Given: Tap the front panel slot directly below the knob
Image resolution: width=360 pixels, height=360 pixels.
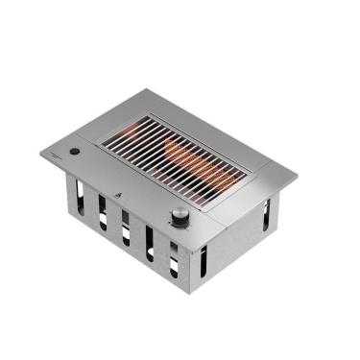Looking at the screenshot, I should click(x=176, y=257).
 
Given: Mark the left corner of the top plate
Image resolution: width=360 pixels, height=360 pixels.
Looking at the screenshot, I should click(x=41, y=152).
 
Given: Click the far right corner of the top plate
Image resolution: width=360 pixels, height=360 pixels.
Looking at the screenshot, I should click(x=297, y=179).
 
